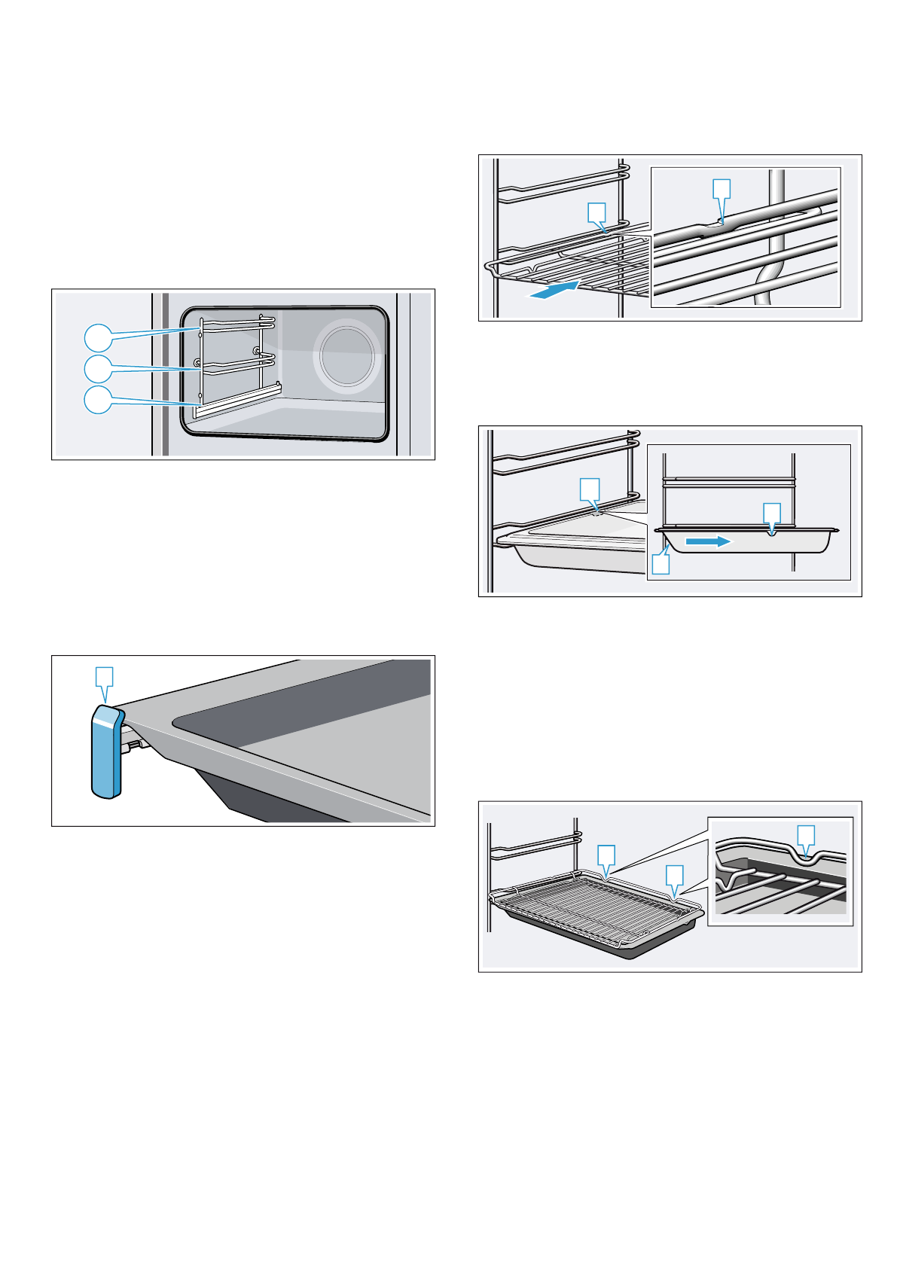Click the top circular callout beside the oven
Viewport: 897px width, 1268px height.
(97, 338)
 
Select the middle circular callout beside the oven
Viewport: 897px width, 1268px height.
(97, 369)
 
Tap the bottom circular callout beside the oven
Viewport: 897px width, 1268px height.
(97, 400)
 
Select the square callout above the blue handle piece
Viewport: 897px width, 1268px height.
(105, 675)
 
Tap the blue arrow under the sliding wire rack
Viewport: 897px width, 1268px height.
(554, 290)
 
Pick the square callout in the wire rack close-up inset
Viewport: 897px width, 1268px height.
(722, 188)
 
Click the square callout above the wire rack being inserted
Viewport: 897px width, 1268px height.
(596, 212)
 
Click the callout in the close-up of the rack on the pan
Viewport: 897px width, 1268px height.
(806, 834)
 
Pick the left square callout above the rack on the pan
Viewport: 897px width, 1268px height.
(606, 855)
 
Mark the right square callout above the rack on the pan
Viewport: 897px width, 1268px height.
(674, 875)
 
